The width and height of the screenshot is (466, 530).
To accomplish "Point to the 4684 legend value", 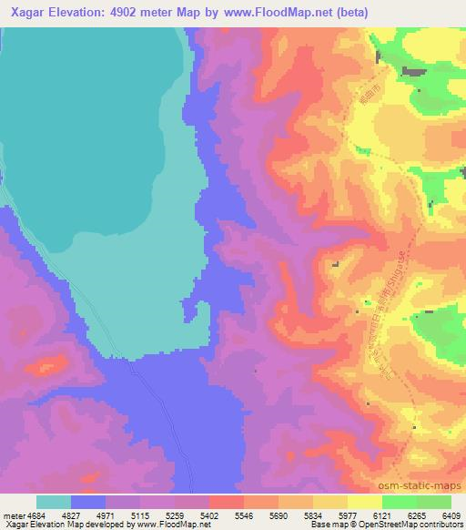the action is pos(35,515).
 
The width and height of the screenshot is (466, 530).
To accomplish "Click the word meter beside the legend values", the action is pos(13,515).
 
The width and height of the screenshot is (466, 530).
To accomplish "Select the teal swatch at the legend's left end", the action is pos(53,502).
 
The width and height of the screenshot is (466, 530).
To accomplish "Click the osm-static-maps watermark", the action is pos(427,484).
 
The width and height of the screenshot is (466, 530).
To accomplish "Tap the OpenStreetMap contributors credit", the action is pos(400,525).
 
